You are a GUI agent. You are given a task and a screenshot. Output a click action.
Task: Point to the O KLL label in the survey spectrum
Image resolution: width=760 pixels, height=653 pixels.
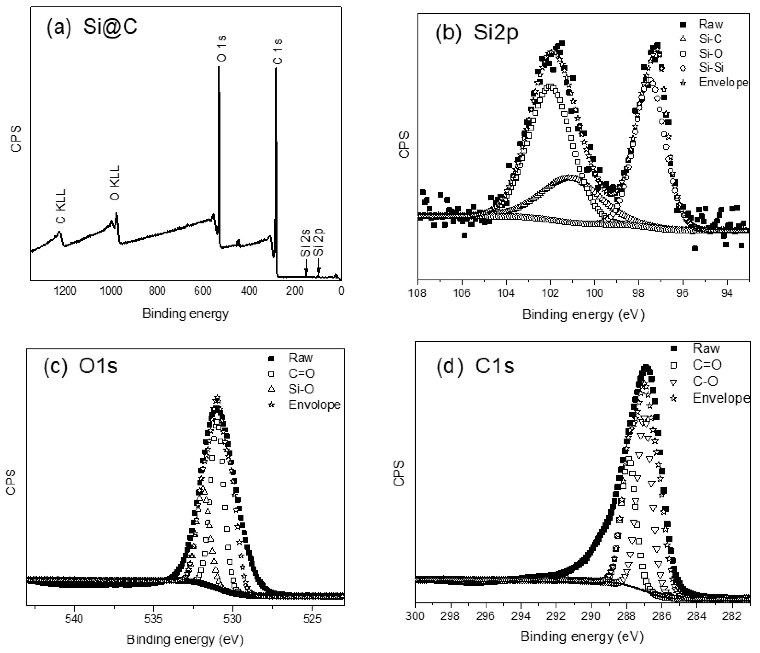pyautogui.click(x=115, y=183)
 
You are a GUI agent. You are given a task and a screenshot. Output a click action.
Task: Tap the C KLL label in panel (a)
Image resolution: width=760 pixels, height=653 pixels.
pyautogui.click(x=60, y=206)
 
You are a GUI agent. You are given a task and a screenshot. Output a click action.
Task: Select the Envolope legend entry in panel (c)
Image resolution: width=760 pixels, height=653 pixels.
pyautogui.click(x=314, y=405)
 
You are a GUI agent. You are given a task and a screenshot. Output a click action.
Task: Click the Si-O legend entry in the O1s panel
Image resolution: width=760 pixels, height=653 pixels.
pyautogui.click(x=301, y=389)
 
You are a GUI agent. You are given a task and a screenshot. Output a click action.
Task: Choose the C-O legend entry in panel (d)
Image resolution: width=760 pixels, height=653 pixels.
pyautogui.click(x=705, y=381)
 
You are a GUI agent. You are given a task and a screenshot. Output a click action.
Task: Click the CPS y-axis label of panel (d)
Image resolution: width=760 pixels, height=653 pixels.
pyautogui.click(x=399, y=473)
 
